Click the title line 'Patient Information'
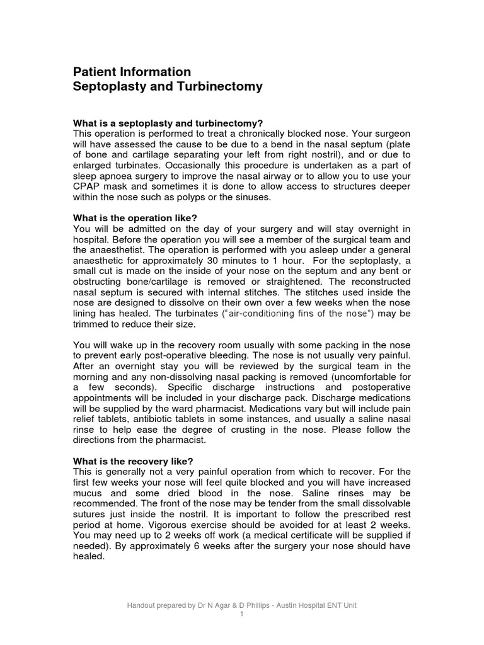click(x=132, y=71)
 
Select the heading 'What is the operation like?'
click(x=135, y=218)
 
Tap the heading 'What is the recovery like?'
click(x=134, y=460)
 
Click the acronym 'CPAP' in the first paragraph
click(x=88, y=187)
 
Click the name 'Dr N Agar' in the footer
click(x=198, y=605)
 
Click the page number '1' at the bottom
click(x=242, y=614)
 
